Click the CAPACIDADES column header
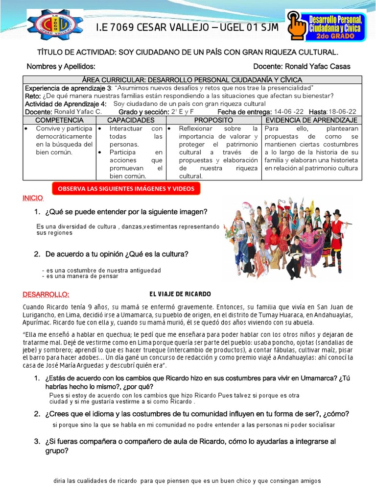[x=131, y=120]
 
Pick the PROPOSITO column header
[x=213, y=120]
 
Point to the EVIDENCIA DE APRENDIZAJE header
[x=311, y=120]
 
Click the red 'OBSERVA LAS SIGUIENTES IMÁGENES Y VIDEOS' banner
[x=126, y=188]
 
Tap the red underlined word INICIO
[x=33, y=198]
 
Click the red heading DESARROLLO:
[x=46, y=294]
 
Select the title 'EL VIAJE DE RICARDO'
[x=180, y=294]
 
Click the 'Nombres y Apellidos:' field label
[x=61, y=67]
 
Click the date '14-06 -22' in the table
[x=289, y=112]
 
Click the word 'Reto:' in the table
[x=33, y=96]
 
